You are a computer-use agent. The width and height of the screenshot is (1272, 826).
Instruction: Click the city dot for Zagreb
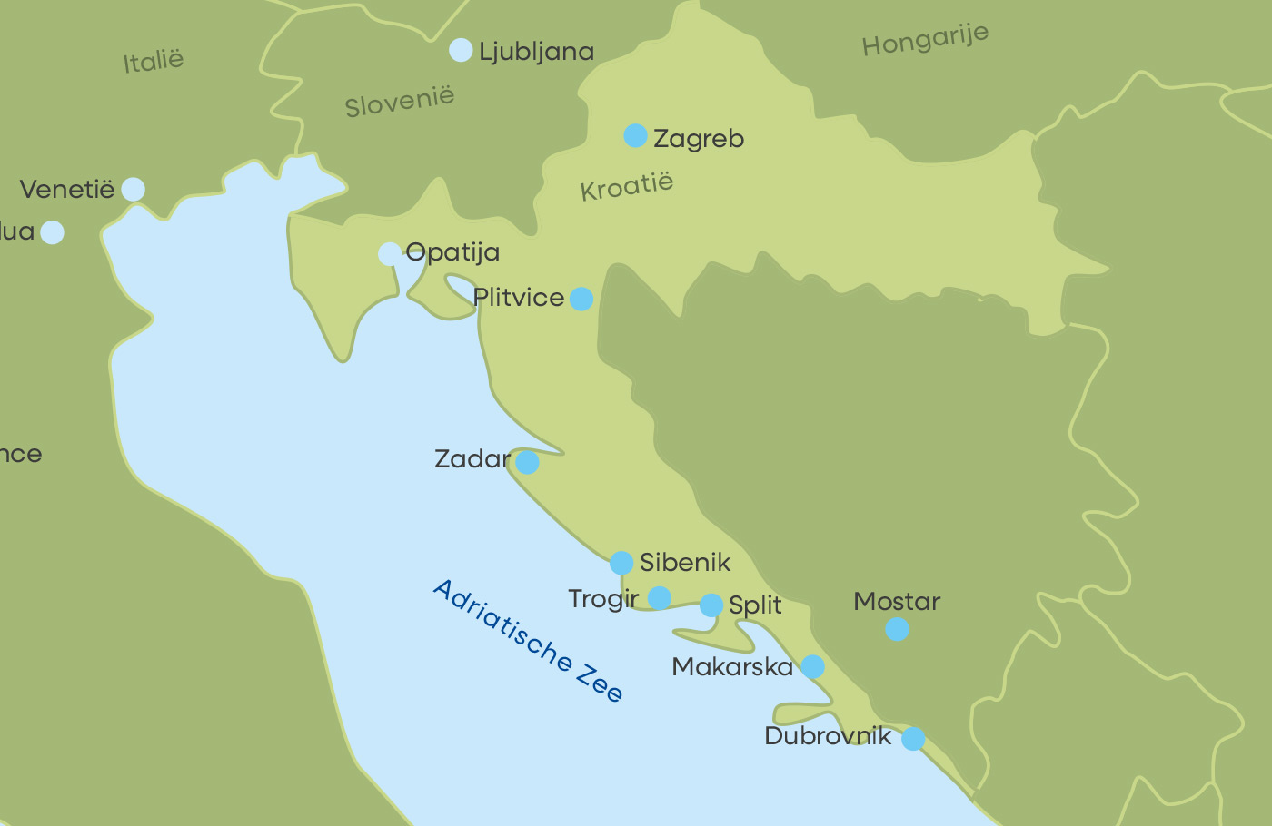635,136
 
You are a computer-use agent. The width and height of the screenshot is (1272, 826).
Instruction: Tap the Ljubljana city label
536,53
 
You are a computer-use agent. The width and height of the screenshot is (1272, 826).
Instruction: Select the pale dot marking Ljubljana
461,50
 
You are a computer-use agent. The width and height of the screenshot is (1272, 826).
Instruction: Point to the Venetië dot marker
133,189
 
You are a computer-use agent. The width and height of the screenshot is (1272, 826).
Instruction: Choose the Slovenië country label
399,102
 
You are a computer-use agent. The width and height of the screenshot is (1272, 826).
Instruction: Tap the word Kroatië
627,186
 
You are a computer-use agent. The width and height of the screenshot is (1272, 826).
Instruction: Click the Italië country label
154,62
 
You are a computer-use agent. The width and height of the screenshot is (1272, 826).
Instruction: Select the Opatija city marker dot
390,253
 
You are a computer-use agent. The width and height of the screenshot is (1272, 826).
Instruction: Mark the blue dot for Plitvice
581,299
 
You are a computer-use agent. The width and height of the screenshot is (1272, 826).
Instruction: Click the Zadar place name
472,459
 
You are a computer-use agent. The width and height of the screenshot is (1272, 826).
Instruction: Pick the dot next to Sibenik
621,563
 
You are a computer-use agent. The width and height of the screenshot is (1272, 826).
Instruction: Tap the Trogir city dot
660,597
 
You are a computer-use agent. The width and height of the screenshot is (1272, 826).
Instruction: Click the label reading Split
755,605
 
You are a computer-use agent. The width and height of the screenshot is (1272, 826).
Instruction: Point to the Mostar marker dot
897,629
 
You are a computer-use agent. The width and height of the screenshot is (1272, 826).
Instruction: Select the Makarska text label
732,667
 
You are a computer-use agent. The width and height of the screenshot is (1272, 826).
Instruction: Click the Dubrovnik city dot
913,739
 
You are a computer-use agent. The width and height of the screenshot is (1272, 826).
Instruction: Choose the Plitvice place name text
519,298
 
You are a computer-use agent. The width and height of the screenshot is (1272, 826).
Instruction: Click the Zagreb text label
699,139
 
